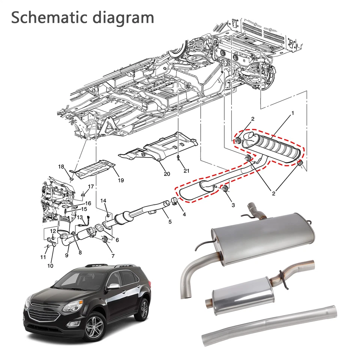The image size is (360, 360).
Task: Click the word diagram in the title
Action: click(x=126, y=18)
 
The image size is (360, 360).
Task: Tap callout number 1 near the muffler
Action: click(x=292, y=113)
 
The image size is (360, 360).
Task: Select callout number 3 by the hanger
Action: click(x=233, y=205)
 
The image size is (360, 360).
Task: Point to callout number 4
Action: click(x=184, y=214)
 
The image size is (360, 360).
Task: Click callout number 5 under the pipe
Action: click(x=170, y=222)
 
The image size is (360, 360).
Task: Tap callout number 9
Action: click(x=67, y=255)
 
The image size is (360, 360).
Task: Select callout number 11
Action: click(x=43, y=257)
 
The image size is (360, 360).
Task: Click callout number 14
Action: click(x=103, y=201)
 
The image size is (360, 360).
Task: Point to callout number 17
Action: click(x=91, y=186)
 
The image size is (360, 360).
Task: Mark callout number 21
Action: click(x=186, y=171)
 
